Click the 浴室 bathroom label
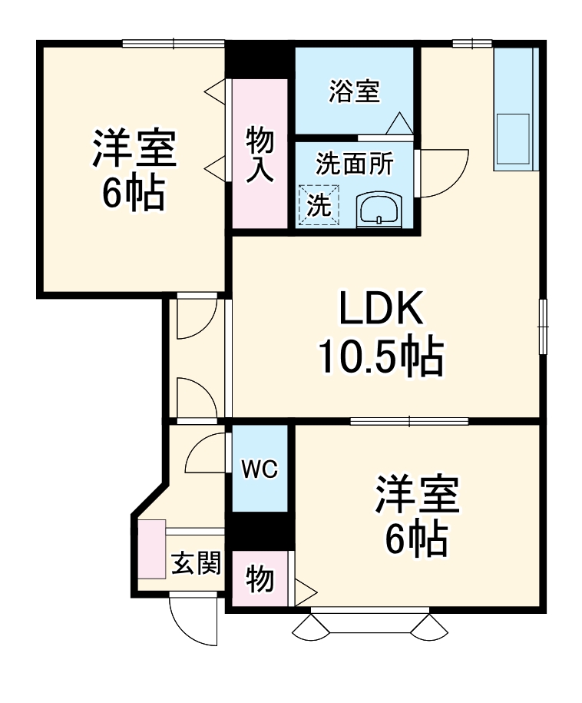pyautogui.click(x=353, y=92)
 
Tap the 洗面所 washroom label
pyautogui.click(x=354, y=164)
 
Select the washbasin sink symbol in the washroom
pyautogui.click(x=379, y=209)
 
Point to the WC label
pyautogui.click(x=260, y=469)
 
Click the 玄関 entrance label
pyautogui.click(x=196, y=564)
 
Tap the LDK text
pyautogui.click(x=382, y=311)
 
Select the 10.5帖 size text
pyautogui.click(x=382, y=356)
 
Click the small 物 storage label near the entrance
pyautogui.click(x=260, y=579)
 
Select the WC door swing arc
pyautogui.click(x=206, y=453)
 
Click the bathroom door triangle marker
pyautogui.click(x=399, y=124)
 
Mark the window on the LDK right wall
pyautogui.click(x=543, y=326)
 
